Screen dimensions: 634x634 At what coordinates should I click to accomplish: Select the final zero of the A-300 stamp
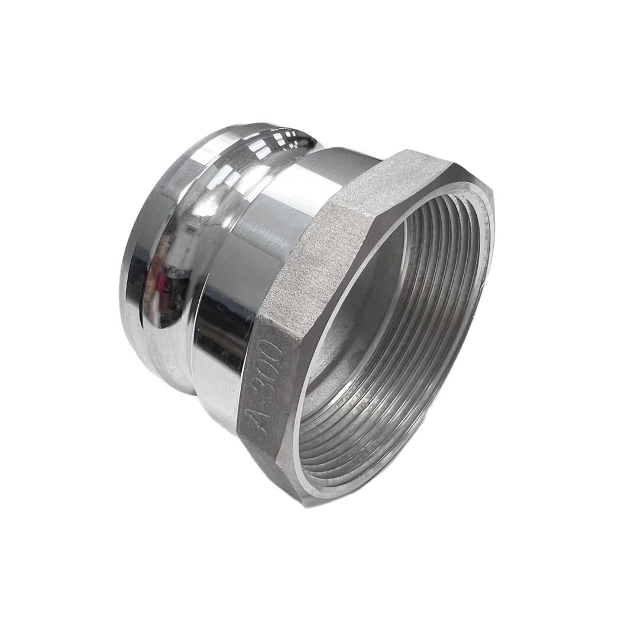(x=276, y=353)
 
